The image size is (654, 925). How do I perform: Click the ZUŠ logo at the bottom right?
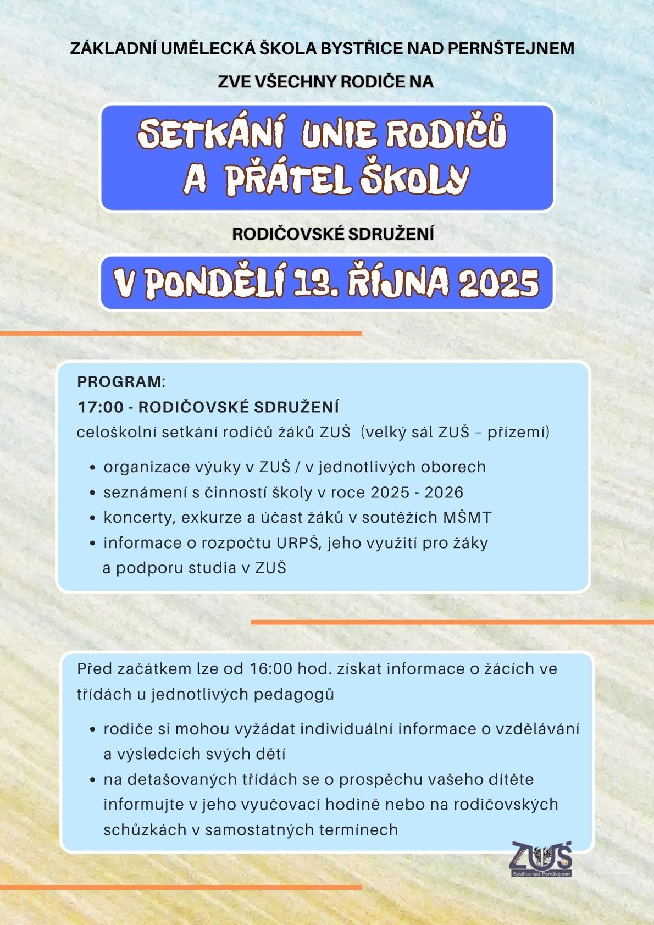click(x=541, y=858)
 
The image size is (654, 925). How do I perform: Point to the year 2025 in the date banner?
click(x=498, y=283)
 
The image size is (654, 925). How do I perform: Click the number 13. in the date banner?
click(x=315, y=283)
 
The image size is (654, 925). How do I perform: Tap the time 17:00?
click(x=100, y=407)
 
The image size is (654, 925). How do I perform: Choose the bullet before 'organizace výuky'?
click(x=93, y=468)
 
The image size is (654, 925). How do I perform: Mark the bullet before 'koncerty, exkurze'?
click(x=93, y=518)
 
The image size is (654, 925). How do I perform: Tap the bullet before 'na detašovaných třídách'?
click(x=93, y=780)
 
